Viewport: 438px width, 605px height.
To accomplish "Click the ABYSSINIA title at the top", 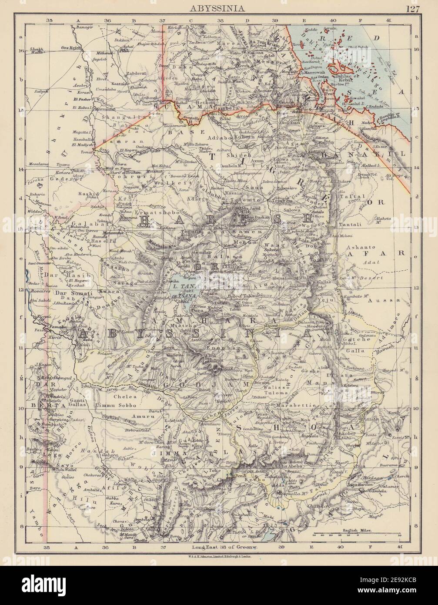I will (x=219, y=7).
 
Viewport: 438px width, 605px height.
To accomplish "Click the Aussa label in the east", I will (x=377, y=300).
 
